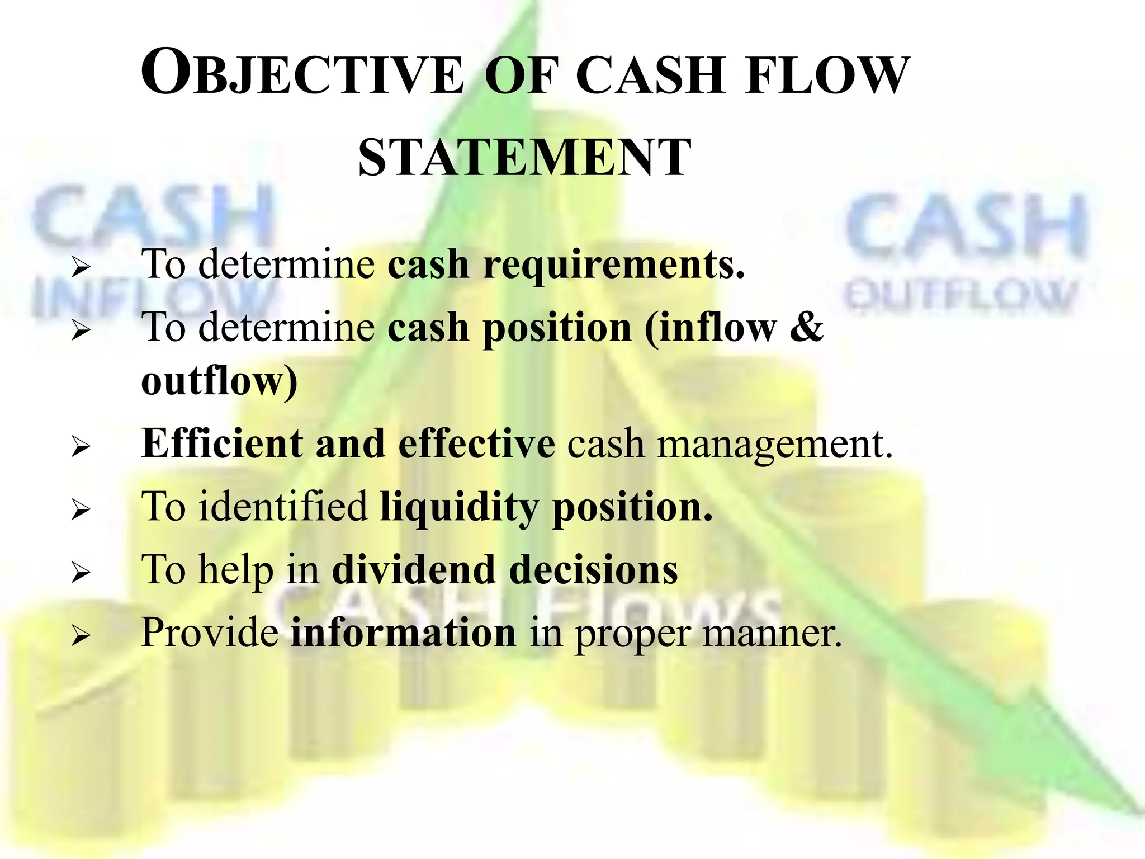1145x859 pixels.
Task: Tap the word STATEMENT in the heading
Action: coord(524,158)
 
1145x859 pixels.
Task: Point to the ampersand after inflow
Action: coord(807,327)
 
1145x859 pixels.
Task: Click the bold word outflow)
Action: coord(219,382)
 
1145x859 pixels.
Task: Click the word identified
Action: coord(283,506)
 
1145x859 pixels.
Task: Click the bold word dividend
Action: coord(414,569)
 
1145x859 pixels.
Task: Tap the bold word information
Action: coord(403,633)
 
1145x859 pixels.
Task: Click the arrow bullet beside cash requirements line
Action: coord(81,268)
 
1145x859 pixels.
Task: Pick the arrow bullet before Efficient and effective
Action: coord(81,447)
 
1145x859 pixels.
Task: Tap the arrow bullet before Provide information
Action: coord(81,635)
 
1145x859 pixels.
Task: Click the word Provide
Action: coord(210,633)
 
